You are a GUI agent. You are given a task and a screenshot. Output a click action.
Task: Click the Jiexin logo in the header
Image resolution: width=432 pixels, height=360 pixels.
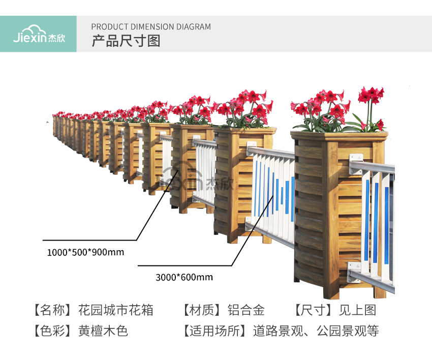38,34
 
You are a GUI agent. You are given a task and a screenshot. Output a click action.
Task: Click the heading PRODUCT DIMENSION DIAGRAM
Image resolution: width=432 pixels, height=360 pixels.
151,27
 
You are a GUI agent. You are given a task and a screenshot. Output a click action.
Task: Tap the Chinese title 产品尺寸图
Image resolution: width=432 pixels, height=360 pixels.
126,41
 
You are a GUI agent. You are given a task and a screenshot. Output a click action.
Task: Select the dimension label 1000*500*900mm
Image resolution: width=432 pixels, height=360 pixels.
85,252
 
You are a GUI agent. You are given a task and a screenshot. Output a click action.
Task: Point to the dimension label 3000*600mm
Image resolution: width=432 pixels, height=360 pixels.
184,277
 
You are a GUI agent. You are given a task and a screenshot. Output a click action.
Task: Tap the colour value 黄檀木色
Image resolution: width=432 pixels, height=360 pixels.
103,331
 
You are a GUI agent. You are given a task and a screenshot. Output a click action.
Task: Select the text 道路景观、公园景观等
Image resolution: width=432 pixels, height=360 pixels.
316,331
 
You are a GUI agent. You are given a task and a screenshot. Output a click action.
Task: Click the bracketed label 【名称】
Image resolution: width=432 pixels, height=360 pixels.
51,310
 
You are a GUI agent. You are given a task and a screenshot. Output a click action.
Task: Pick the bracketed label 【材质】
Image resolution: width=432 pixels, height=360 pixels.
202,310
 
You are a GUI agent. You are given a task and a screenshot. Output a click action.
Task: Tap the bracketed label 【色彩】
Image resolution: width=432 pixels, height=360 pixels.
51,331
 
